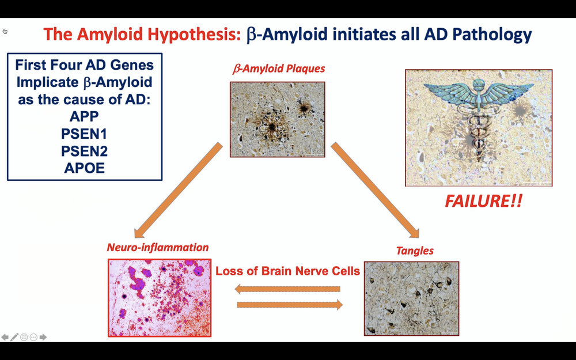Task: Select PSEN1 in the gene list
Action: pyautogui.click(x=84, y=134)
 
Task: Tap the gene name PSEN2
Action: pyautogui.click(x=84, y=151)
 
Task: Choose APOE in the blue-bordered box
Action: pyautogui.click(x=84, y=169)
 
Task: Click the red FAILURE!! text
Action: pyautogui.click(x=483, y=202)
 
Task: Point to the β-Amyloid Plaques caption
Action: pyautogui.click(x=279, y=69)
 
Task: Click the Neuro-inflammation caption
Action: pyautogui.click(x=158, y=248)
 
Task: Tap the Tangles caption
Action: pyautogui.click(x=415, y=251)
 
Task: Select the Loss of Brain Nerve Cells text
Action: pyautogui.click(x=287, y=270)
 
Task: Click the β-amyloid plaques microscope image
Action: pyautogui.click(x=277, y=119)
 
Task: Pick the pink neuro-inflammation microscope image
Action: pyautogui.click(x=160, y=298)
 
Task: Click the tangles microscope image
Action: pyautogui.click(x=411, y=298)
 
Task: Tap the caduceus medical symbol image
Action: pyautogui.click(x=478, y=128)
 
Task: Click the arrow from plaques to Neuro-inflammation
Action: pyautogui.click(x=178, y=191)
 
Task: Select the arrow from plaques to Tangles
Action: pyautogui.click(x=375, y=191)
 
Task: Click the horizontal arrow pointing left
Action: pyautogui.click(x=287, y=289)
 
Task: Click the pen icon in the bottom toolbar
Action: pyautogui.click(x=14, y=337)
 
